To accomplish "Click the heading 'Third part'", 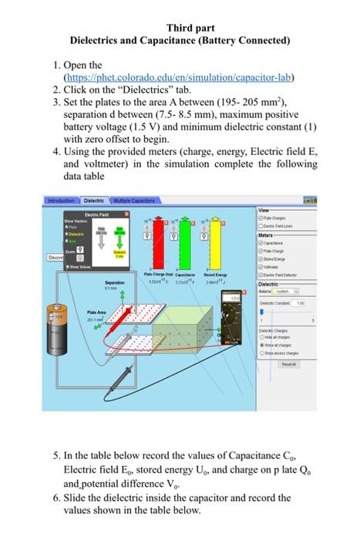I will point(180,27).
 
